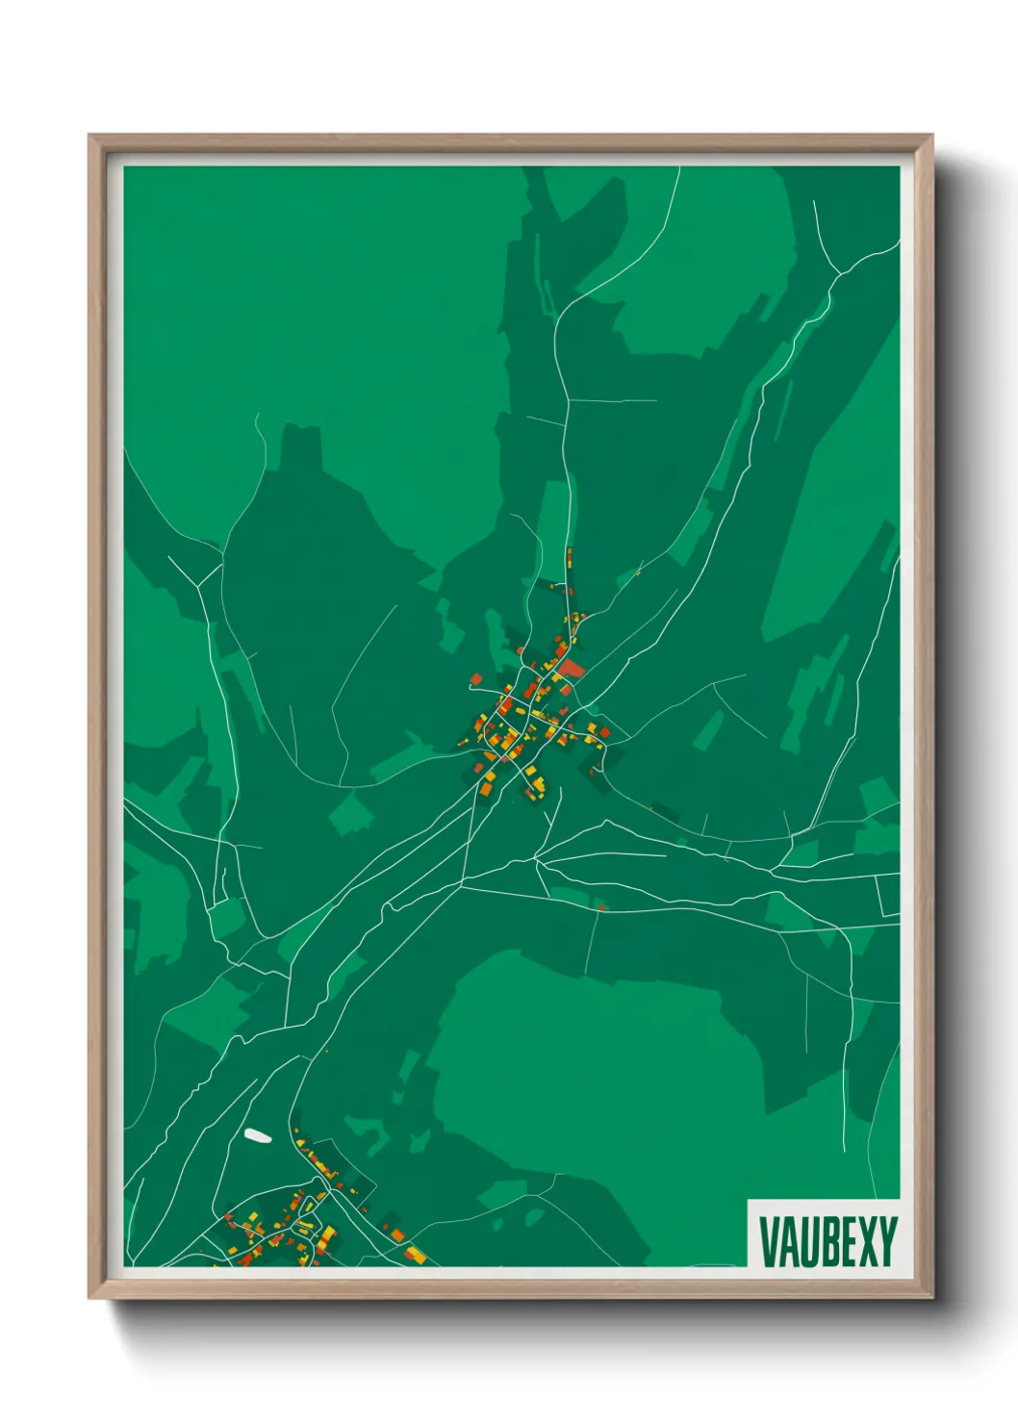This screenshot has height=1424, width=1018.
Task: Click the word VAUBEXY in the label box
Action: (827, 1241)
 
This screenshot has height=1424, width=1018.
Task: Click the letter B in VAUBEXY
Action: (826, 1241)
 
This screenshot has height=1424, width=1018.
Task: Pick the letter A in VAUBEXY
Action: (786, 1241)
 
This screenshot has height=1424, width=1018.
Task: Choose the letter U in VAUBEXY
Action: (805, 1241)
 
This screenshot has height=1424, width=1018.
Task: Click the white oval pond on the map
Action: (257, 1135)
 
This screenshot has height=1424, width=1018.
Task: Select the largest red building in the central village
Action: (573, 668)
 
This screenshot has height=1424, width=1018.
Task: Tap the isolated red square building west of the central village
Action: (475, 679)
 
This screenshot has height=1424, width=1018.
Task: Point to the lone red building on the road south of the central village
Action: (602, 905)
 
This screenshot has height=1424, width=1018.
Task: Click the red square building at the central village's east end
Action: (604, 732)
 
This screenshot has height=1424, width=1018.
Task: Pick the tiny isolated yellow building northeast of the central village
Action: (637, 573)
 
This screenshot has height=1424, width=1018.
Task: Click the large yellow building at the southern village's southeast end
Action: (416, 1253)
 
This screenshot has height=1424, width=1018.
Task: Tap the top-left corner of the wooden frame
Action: (89, 136)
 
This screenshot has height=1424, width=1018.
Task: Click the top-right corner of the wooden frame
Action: (931, 136)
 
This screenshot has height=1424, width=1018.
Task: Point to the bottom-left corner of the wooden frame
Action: (89, 1298)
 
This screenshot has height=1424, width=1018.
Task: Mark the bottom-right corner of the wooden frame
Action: (931, 1298)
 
